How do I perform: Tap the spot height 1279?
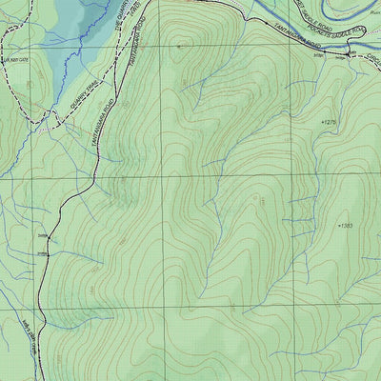[331, 123]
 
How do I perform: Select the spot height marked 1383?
[347, 226]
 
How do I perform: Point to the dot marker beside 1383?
[338, 226]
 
